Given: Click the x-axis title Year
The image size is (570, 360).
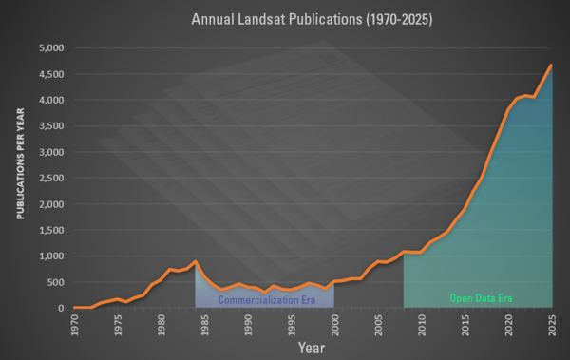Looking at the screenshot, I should tap(313, 348).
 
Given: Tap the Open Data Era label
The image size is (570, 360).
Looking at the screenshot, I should tap(481, 298).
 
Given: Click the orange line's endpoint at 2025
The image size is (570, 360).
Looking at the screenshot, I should tap(552, 65).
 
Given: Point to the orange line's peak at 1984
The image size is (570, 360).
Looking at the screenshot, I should tap(196, 261).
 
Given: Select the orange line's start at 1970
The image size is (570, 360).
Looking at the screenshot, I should tap(74, 307).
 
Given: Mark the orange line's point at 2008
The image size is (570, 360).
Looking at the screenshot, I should tap(404, 252).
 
